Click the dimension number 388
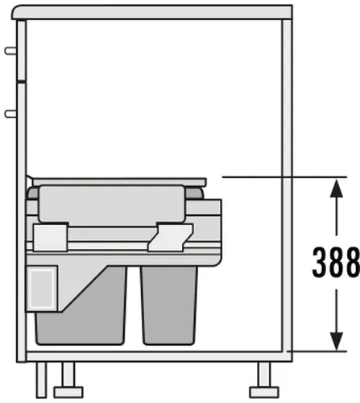pyautogui.click(x=336, y=262)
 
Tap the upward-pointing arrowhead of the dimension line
pyautogui.click(x=336, y=189)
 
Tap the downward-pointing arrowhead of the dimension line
pyautogui.click(x=337, y=341)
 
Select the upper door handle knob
pyautogui.click(x=10, y=51)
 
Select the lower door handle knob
pyautogui.click(x=10, y=114)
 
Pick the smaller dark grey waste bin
pyautogui.click(x=169, y=305)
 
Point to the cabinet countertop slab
pyautogui.click(x=152, y=12)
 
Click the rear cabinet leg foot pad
pyautogui.click(x=264, y=392)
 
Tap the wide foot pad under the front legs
pyautogui.click(x=68, y=392)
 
